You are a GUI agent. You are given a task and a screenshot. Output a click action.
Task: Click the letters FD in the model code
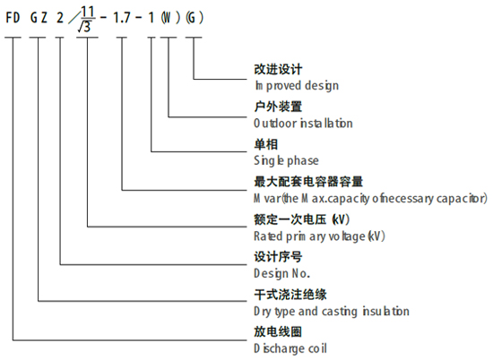click(x=13, y=17)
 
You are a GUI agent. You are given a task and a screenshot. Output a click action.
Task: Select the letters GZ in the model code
click(x=39, y=17)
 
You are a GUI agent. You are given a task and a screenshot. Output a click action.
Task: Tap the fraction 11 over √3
click(x=86, y=20)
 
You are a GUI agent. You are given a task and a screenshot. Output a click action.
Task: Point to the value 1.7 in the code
click(x=122, y=18)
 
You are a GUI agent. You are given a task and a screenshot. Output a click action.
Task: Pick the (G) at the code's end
click(x=195, y=18)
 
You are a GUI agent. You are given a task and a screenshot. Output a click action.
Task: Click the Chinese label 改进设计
click(x=278, y=70)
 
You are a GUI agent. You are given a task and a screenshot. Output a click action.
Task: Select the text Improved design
click(x=297, y=85)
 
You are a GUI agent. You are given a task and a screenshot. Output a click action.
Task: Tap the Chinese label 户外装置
click(x=278, y=107)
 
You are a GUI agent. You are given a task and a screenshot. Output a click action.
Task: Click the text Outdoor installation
click(x=303, y=124)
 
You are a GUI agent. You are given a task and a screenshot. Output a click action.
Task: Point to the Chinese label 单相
click(x=266, y=144)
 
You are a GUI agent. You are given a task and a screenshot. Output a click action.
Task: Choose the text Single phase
click(x=286, y=160)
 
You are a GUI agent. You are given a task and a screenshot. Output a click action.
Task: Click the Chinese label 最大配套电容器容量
click(x=308, y=182)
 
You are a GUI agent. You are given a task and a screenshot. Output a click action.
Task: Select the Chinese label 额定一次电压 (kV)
click(x=302, y=219)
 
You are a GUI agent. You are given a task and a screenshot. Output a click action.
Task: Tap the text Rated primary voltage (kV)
click(x=319, y=236)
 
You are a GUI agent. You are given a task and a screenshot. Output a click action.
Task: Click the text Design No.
click(x=282, y=273)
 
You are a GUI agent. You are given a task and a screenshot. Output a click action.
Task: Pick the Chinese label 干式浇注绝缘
click(x=290, y=295)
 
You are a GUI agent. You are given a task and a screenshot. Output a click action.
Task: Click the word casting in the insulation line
click(x=341, y=312)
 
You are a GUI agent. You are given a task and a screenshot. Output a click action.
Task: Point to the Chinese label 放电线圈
click(x=278, y=332)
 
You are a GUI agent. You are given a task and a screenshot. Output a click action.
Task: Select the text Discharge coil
click(x=290, y=348)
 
